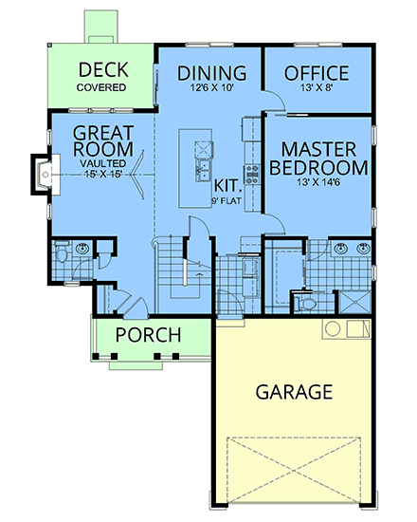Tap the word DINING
pos(212,73)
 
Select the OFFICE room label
pos(317,73)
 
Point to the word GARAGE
pos(293,391)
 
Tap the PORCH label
pos(151,334)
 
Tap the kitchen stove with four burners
pos(253,174)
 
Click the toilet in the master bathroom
pos(305,302)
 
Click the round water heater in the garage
pos(332,329)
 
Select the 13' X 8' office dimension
pos(317,89)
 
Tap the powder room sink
pos(83,249)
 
